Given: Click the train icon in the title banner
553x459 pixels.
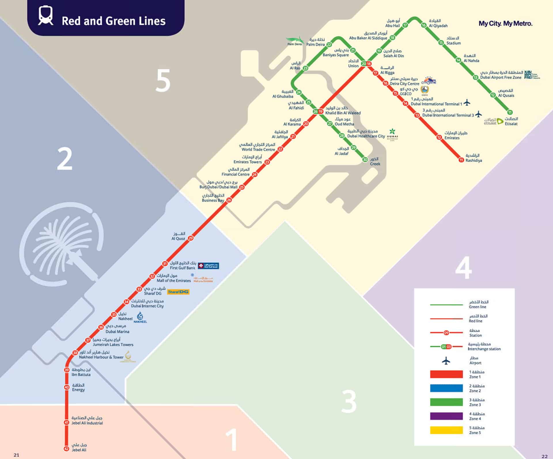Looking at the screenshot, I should pyautogui.click(x=46, y=16).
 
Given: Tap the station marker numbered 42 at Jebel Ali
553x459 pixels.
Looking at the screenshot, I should pyautogui.click(x=67, y=449).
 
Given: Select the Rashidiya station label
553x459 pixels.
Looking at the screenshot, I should pyautogui.click(x=474, y=160).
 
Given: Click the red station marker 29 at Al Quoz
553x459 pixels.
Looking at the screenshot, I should pyautogui.click(x=190, y=238).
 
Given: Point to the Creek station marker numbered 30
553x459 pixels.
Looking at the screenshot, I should pyautogui.click(x=365, y=160).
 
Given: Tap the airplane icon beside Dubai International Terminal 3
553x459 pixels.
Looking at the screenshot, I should pyautogui.click(x=478, y=114).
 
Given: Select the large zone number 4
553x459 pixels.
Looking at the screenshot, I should pyautogui.click(x=463, y=268).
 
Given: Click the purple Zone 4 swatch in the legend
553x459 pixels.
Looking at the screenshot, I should pyautogui.click(x=446, y=416).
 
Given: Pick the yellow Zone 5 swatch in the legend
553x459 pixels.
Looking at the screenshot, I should pyautogui.click(x=446, y=430).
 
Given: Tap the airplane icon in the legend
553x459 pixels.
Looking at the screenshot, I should pyautogui.click(x=446, y=360).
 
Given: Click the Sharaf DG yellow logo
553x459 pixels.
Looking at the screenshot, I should pyautogui.click(x=178, y=292).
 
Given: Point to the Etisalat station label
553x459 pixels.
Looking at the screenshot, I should pyautogui.click(x=511, y=124).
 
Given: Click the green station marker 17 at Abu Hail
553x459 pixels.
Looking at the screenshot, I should pyautogui.click(x=405, y=25).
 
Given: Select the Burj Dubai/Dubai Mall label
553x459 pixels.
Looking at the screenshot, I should pyautogui.click(x=218, y=187).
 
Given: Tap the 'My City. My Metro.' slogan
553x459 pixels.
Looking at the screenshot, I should pyautogui.click(x=505, y=24).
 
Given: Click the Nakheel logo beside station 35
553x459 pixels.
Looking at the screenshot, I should pyautogui.click(x=140, y=317).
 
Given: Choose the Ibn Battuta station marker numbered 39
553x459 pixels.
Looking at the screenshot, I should pyautogui.click(x=67, y=370).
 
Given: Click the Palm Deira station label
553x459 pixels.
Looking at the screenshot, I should pyautogui.click(x=315, y=44).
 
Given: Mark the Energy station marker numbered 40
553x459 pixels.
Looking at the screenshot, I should pyautogui.click(x=67, y=387).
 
